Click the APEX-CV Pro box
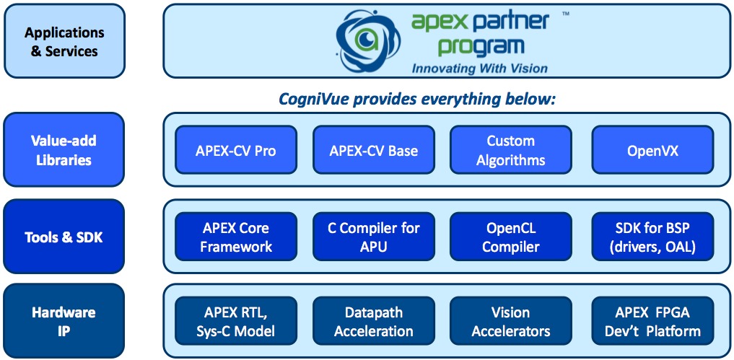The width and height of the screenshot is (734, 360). tap(236, 150)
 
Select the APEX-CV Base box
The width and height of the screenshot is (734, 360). tap(374, 150)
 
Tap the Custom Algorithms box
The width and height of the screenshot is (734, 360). tap(511, 150)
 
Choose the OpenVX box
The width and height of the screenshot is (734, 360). tap(653, 150)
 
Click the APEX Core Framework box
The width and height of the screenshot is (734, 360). tap(236, 237)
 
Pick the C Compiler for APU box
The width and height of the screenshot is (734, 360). tap(374, 237)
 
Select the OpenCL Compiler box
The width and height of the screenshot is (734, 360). tap(511, 237)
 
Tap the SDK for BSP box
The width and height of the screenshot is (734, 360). tap(653, 237)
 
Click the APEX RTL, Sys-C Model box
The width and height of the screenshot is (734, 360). tap(236, 320)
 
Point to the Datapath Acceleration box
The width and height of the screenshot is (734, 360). tap(374, 320)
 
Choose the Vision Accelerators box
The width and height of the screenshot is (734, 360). tap(511, 320)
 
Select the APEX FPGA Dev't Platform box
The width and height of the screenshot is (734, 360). tap(653, 320)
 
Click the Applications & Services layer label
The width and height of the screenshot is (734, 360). tap(65, 40)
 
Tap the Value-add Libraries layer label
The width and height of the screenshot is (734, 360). tap(64, 149)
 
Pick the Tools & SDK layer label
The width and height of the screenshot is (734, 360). tap(64, 237)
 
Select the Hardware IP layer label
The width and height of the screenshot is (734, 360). tap(64, 320)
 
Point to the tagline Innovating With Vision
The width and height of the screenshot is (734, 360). tap(479, 69)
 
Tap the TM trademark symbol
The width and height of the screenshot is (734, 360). tap(566, 14)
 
